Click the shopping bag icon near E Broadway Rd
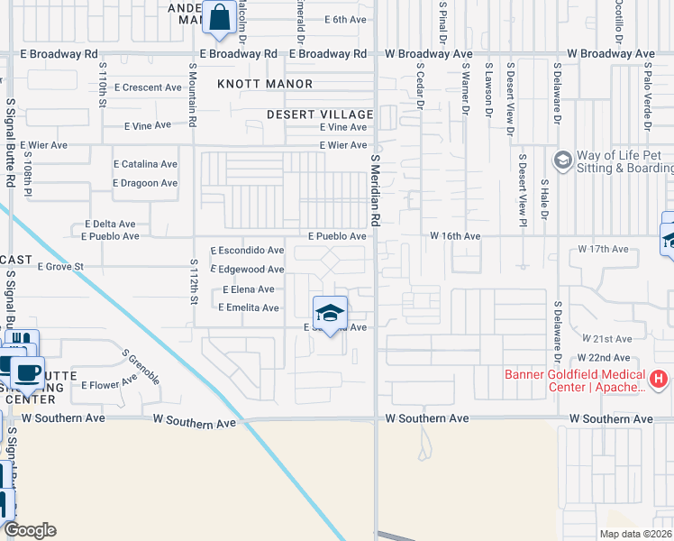click(219, 18)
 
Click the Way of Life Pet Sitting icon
click(563, 160)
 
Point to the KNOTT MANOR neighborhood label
click(265, 84)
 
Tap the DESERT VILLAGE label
click(320, 115)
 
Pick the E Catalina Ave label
click(145, 164)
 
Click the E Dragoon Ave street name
click(145, 183)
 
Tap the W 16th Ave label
click(455, 236)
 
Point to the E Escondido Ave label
click(247, 251)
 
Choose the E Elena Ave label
click(248, 289)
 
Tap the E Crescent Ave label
click(148, 87)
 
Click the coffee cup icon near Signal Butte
click(27, 371)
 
